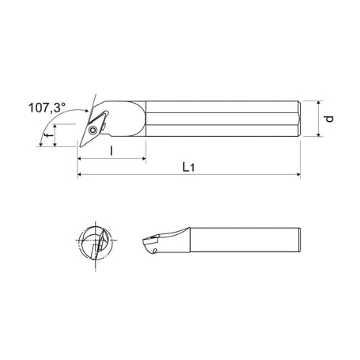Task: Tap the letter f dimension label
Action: [49, 136]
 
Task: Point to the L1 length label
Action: [188, 166]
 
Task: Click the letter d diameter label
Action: [330, 119]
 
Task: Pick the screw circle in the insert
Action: [94, 127]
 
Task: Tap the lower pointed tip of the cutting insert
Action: [80, 146]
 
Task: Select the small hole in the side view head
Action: [156, 250]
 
